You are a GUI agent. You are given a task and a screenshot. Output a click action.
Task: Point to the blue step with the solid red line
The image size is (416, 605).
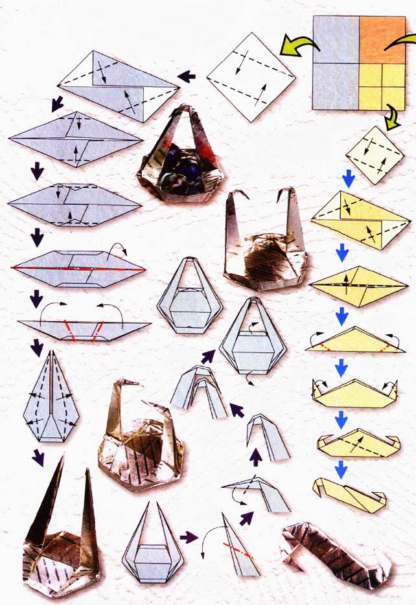[78, 268]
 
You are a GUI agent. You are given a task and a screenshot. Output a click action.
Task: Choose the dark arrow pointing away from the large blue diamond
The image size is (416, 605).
[187, 76]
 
